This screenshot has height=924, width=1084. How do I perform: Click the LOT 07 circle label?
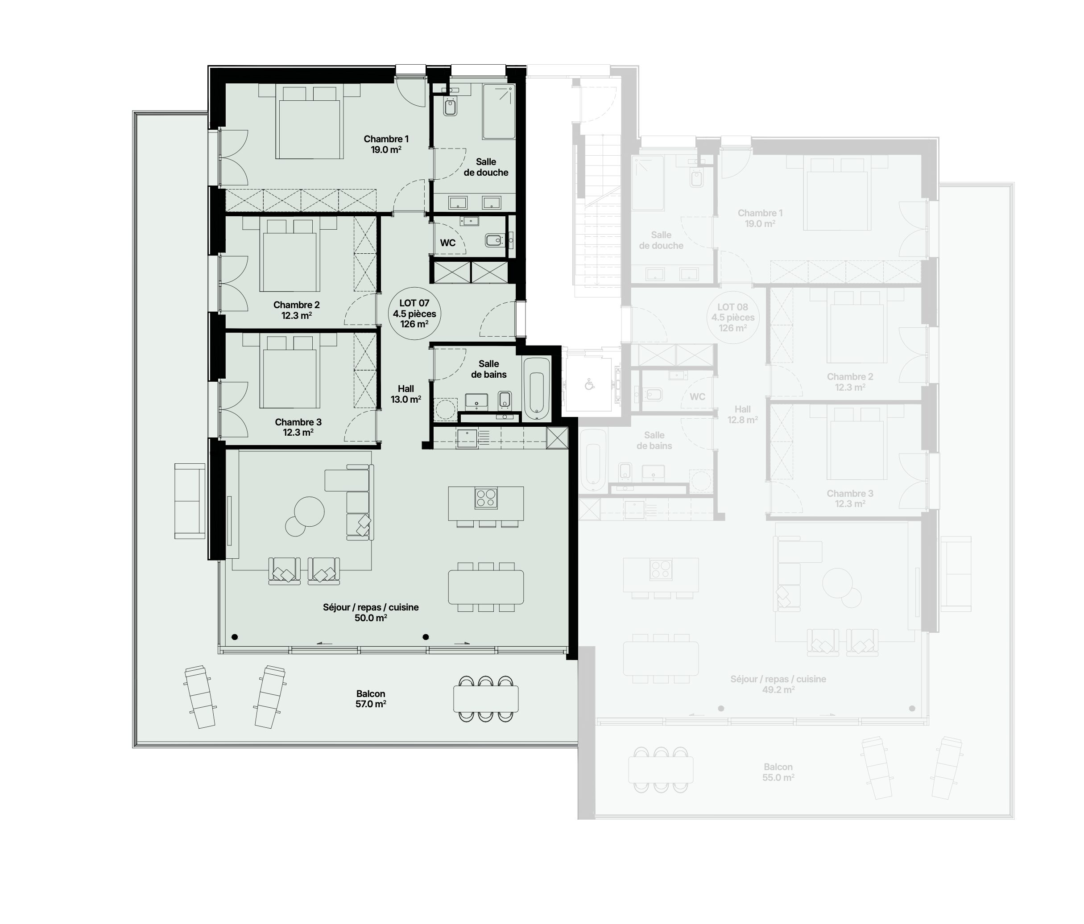(414, 314)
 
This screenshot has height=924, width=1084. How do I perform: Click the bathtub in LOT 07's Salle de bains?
(537, 389)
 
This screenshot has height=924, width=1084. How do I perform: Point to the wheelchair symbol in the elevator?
(590, 385)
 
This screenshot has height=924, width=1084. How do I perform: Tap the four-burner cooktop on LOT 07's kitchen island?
(486, 498)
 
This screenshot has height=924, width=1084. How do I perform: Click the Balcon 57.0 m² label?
(371, 699)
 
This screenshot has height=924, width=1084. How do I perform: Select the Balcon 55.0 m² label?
(778, 772)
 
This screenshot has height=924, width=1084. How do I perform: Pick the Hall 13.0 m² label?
(406, 394)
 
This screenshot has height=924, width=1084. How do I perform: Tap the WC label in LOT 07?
(448, 243)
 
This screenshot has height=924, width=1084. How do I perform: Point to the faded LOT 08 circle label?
(733, 318)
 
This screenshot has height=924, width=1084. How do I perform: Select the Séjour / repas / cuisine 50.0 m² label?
(371, 612)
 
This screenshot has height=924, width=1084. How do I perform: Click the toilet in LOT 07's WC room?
(494, 240)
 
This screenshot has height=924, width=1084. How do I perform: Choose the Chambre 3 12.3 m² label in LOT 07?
(298, 427)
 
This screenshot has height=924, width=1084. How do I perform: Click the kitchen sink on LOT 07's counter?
(467, 438)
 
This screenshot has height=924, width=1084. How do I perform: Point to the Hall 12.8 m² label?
(742, 414)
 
